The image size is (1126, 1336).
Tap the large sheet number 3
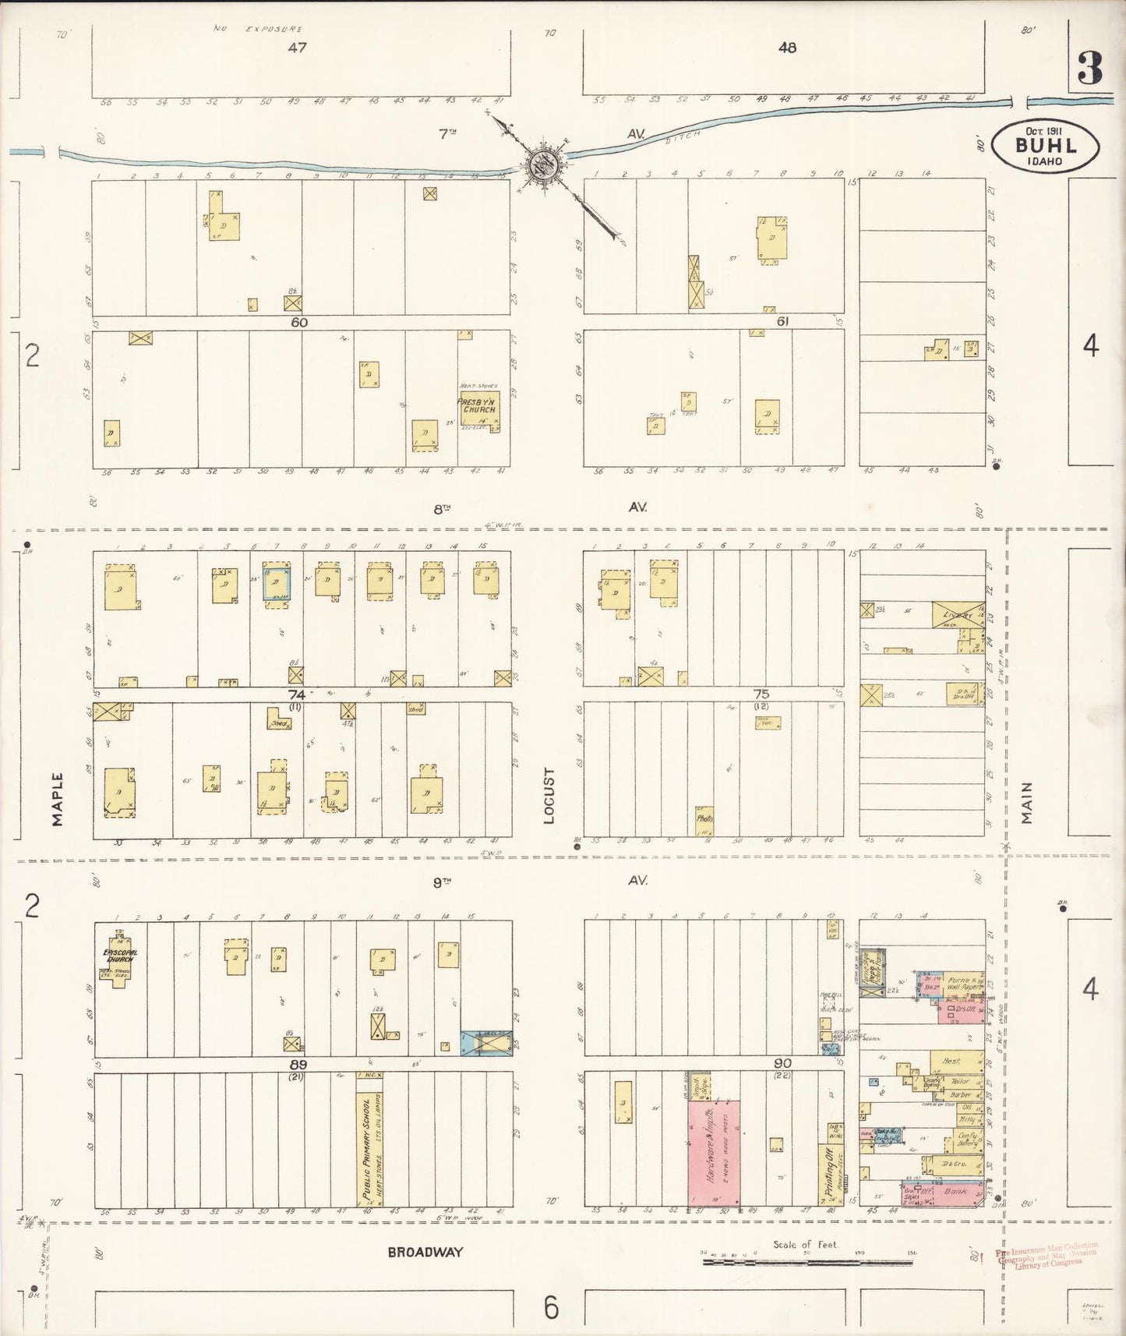(x=1089, y=71)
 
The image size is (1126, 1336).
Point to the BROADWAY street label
(x=425, y=1253)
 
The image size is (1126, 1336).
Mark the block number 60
(x=299, y=322)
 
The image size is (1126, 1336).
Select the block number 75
(x=761, y=695)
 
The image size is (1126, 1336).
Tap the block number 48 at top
(x=787, y=48)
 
